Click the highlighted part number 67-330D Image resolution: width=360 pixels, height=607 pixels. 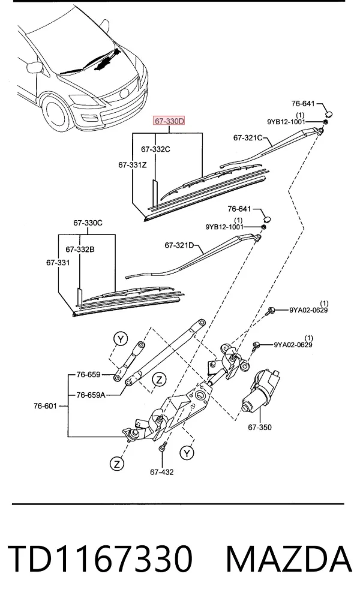coord(169,121)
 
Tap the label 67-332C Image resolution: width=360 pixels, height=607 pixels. coord(155,149)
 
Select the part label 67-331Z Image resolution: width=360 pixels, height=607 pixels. coord(133,165)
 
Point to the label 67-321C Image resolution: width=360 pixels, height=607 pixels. coord(248,138)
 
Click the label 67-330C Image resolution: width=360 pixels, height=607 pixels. coord(88,223)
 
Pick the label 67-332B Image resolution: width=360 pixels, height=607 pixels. coord(80,250)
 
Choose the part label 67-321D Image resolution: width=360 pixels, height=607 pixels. coord(179,245)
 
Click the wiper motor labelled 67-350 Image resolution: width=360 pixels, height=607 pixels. coord(260,391)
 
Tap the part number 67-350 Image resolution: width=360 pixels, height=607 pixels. coord(260,428)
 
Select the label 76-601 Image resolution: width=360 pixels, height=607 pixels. coord(45,406)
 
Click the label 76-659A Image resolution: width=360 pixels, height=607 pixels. coord(91,395)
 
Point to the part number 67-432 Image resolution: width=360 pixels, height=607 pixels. coord(162,472)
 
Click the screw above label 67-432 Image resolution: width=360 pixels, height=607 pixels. coord(162,446)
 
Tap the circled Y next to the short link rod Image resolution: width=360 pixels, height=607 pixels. coord(121,339)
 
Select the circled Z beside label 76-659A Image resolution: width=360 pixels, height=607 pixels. coord(159,380)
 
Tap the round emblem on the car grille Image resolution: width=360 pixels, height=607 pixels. coord(125,94)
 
